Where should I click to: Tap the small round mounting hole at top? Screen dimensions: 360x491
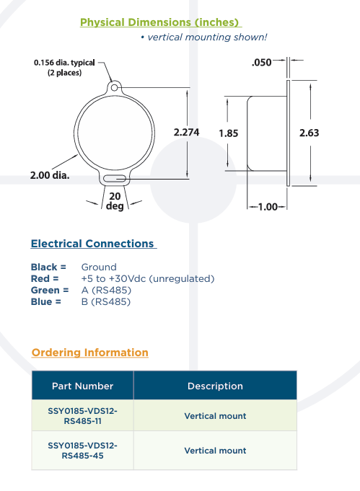coord(115,87)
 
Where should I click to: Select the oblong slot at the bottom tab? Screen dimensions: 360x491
coord(115,179)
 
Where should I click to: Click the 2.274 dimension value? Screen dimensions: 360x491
coord(186,132)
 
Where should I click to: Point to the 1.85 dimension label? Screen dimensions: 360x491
coord(229,133)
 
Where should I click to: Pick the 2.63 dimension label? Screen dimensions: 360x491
coord(309,133)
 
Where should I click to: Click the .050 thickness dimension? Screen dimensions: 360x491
coord(262,62)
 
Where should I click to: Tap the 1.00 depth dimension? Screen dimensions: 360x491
coord(268,207)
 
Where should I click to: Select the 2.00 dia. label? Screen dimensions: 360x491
coord(50,175)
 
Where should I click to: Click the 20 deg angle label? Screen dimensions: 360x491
coord(115,201)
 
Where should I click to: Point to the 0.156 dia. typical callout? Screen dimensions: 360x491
coord(64,67)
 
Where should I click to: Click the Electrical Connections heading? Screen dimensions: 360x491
coord(92,244)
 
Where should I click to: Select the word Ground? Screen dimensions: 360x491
coord(99,267)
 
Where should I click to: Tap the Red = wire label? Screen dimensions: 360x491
coord(45,278)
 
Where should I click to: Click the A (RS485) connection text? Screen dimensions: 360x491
coord(106,290)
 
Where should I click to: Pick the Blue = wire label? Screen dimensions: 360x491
coord(45,301)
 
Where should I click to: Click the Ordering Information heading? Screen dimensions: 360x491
coord(90,353)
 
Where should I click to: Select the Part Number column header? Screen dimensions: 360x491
coord(83,386)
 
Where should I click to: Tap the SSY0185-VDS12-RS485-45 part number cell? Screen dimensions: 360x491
coord(83,451)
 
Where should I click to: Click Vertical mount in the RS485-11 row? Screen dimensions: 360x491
coord(215,416)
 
